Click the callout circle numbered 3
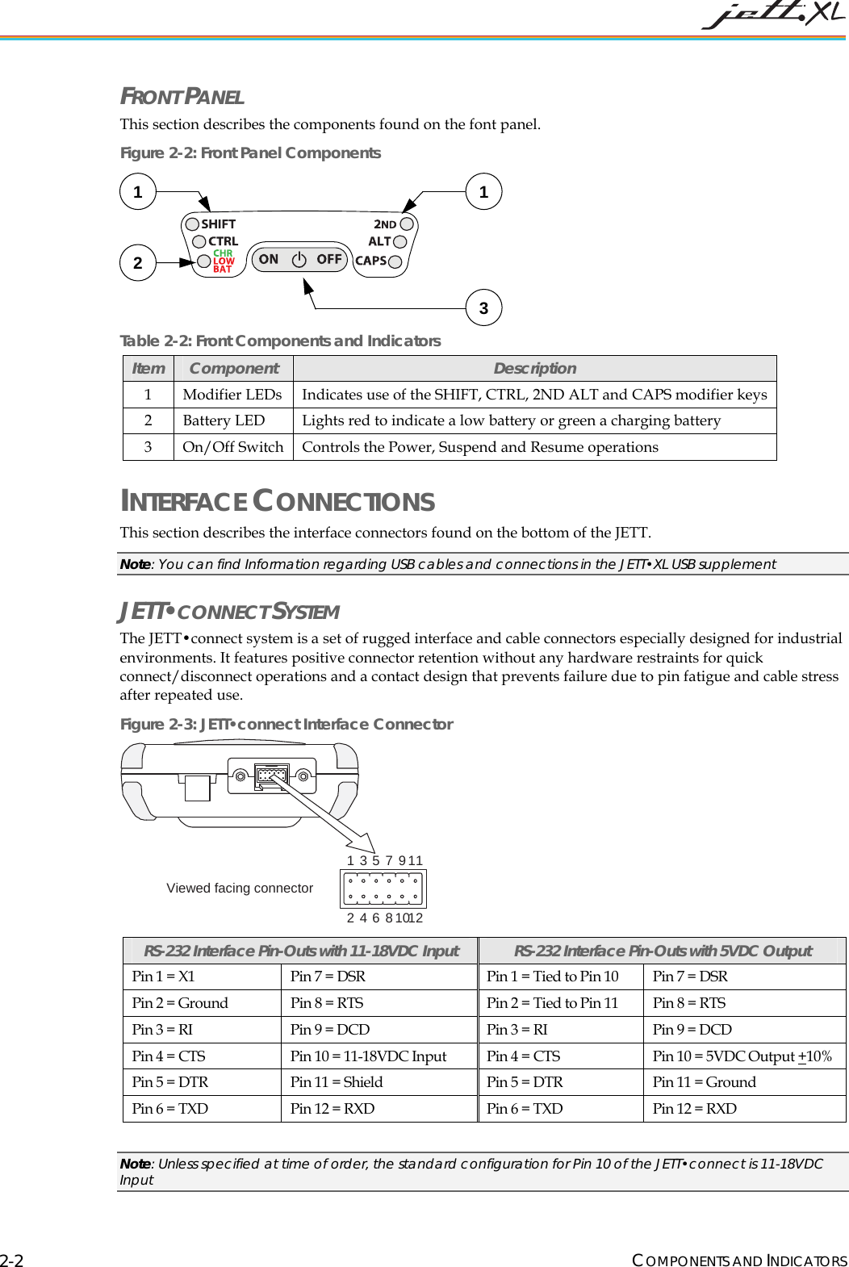[483, 308]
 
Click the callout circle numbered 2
[138, 263]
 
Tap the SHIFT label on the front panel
[218, 224]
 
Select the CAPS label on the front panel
[370, 261]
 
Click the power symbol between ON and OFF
[299, 259]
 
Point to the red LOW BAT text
[224, 266]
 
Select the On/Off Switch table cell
[232, 447]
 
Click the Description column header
[534, 369]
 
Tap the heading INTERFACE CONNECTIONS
[277, 502]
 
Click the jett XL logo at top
[772, 15]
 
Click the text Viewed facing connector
[240, 889]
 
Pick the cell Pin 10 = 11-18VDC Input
[368, 1056]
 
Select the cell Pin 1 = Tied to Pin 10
[552, 976]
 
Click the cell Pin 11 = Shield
[337, 1082]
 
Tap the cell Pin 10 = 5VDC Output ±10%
[742, 1056]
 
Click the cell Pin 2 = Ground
[180, 1003]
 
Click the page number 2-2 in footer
[12, 1261]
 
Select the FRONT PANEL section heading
[182, 97]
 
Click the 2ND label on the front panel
[385, 224]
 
